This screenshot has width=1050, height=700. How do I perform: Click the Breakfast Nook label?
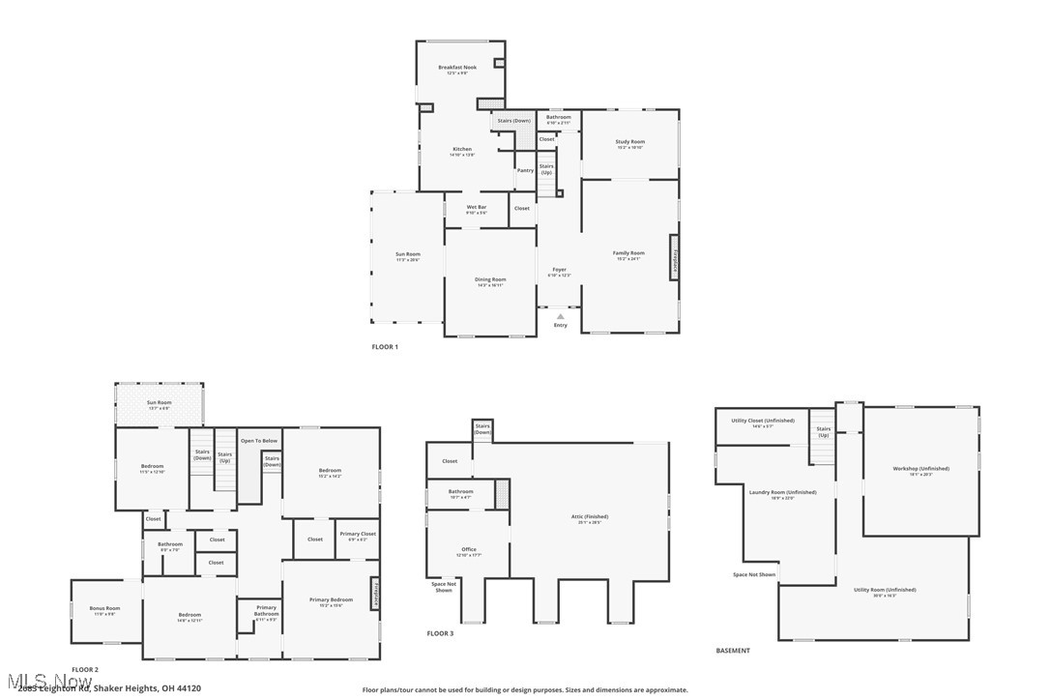click(457, 68)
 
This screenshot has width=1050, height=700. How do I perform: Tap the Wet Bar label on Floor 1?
click(476, 207)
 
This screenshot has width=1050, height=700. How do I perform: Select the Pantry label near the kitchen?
click(525, 170)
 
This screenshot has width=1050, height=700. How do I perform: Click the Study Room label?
click(629, 142)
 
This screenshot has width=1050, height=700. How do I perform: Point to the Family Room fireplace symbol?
click(674, 257)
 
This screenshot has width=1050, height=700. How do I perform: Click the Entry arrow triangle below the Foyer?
click(560, 316)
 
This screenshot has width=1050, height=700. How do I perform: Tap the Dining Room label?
click(490, 279)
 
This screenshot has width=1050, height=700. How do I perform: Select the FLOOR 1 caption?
click(385, 346)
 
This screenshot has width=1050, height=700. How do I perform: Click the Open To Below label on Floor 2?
click(259, 441)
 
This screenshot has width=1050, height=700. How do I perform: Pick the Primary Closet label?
click(357, 534)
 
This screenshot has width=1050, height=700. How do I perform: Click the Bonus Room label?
click(104, 608)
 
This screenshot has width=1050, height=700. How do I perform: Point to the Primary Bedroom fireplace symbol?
click(374, 592)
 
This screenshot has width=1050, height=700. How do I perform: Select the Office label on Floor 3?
click(469, 549)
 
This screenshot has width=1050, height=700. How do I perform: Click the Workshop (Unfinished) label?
click(920, 469)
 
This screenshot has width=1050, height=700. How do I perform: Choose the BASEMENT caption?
click(732, 651)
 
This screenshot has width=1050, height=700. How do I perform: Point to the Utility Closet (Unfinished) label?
click(762, 421)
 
